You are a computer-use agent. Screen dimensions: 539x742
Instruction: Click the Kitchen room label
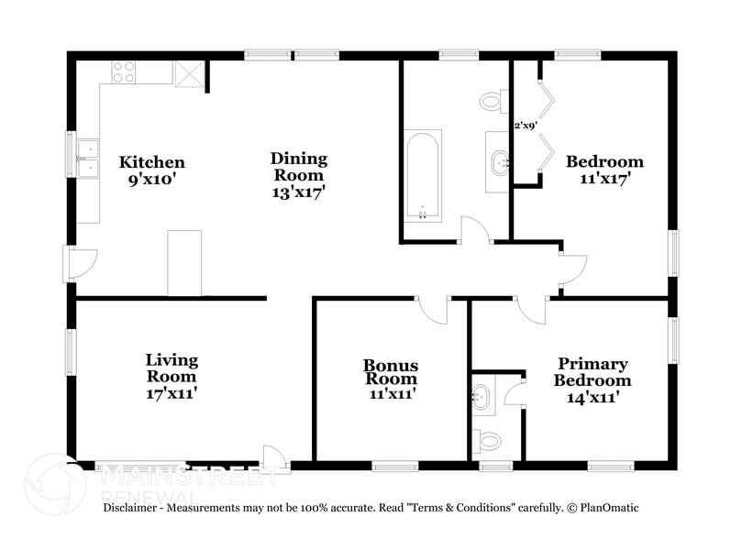pyautogui.click(x=151, y=162)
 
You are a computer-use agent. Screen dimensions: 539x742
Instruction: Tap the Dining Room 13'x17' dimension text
pyautogui.click(x=298, y=192)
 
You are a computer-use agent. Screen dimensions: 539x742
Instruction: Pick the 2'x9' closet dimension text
pyautogui.click(x=524, y=125)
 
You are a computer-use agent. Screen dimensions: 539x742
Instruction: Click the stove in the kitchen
pyautogui.click(x=124, y=71)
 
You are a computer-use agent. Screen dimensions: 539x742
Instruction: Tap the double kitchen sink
pyautogui.click(x=88, y=158)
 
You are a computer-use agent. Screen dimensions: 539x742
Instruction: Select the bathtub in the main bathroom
pyautogui.click(x=423, y=175)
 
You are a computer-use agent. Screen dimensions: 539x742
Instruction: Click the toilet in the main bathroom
pyautogui.click(x=493, y=100)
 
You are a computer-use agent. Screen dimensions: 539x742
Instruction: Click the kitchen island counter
pyautogui.click(x=184, y=263)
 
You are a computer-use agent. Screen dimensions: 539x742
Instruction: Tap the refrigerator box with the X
pyautogui.click(x=190, y=72)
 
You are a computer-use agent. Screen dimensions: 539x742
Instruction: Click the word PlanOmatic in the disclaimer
pyautogui.click(x=604, y=507)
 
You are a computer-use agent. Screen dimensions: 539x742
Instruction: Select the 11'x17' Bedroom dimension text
pyautogui.click(x=604, y=179)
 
